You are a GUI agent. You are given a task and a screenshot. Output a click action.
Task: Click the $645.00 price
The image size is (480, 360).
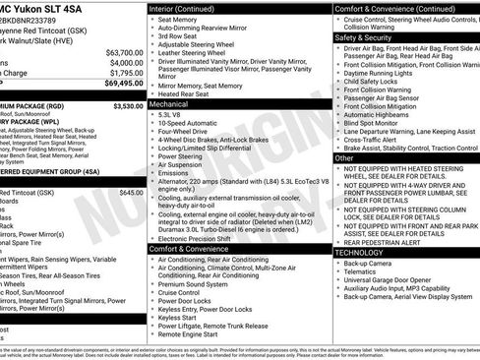(x=131, y=193)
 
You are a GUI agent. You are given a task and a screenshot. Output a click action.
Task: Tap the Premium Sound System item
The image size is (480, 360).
(x=194, y=292)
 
